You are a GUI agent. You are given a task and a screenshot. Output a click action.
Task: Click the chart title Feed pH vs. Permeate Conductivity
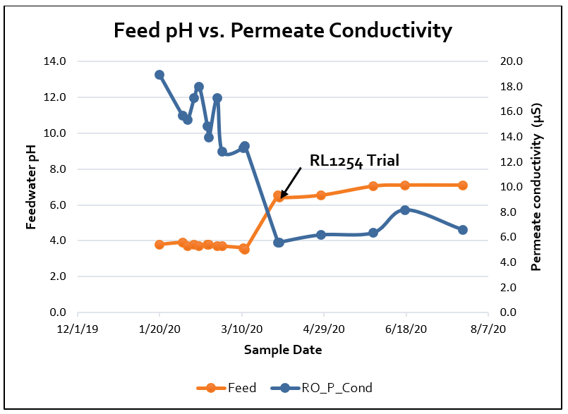[x=283, y=31]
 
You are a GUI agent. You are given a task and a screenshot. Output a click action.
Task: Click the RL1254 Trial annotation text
[x=354, y=161]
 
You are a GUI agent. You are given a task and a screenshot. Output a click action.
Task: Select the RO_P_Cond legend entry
[x=326, y=387]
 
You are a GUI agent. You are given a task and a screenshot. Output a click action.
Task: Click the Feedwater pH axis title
[x=31, y=186]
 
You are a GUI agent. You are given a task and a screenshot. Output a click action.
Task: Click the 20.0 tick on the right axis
[x=511, y=61]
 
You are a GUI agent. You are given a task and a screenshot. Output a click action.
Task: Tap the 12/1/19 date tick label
[x=77, y=329]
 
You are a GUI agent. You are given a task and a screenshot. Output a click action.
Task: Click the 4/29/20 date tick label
[x=324, y=329]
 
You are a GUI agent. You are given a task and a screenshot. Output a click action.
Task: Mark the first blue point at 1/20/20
[x=159, y=75]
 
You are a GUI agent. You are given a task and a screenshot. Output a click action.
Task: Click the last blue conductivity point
[x=463, y=230]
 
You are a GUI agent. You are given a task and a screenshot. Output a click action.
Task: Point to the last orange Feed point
[x=463, y=185]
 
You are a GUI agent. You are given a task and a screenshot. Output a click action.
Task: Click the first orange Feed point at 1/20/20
[x=159, y=245]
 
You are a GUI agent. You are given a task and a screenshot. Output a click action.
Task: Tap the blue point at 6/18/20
[x=405, y=210]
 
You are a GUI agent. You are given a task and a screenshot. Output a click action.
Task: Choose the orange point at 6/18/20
[x=405, y=185]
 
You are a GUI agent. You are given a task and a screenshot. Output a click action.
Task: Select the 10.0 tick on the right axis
[x=511, y=187]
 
